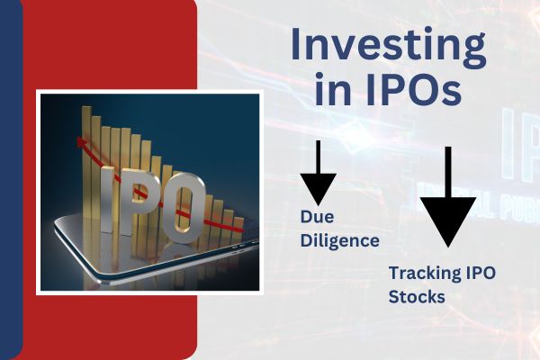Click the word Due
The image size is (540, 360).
(x=317, y=217)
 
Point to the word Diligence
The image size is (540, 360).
(x=340, y=240)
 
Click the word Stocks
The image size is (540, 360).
(x=417, y=297)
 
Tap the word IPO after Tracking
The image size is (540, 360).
(x=481, y=273)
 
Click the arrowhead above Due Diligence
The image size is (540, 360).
(x=319, y=189)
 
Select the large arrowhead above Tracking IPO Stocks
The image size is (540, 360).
(x=448, y=221)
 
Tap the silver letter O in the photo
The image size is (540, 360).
(x=184, y=208)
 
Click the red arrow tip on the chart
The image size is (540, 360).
(x=81, y=140)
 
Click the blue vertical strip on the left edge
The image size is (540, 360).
(x=10, y=180)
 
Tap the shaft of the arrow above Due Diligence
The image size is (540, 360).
(x=319, y=157)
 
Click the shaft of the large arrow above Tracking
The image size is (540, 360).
(x=448, y=172)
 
